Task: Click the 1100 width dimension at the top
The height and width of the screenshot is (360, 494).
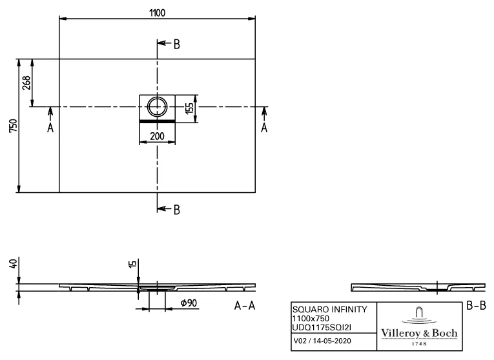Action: click(156, 14)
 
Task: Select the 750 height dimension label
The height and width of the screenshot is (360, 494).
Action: click(11, 126)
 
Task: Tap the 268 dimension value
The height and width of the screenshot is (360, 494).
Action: click(26, 83)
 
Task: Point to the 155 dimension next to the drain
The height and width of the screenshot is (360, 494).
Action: click(189, 107)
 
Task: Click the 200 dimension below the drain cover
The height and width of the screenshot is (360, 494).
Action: click(157, 136)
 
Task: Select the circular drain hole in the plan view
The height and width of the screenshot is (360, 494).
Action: click(157, 106)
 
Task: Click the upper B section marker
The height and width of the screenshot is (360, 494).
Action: click(176, 44)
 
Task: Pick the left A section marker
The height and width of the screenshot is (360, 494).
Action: click(50, 128)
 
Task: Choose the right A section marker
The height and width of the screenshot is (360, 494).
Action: click(263, 128)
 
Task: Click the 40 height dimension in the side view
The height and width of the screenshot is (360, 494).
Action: click(11, 265)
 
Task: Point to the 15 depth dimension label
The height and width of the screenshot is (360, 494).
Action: click(132, 265)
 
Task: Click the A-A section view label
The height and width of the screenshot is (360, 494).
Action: click(245, 306)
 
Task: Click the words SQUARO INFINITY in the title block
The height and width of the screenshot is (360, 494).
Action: click(330, 310)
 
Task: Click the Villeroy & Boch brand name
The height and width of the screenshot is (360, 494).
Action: click(420, 333)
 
